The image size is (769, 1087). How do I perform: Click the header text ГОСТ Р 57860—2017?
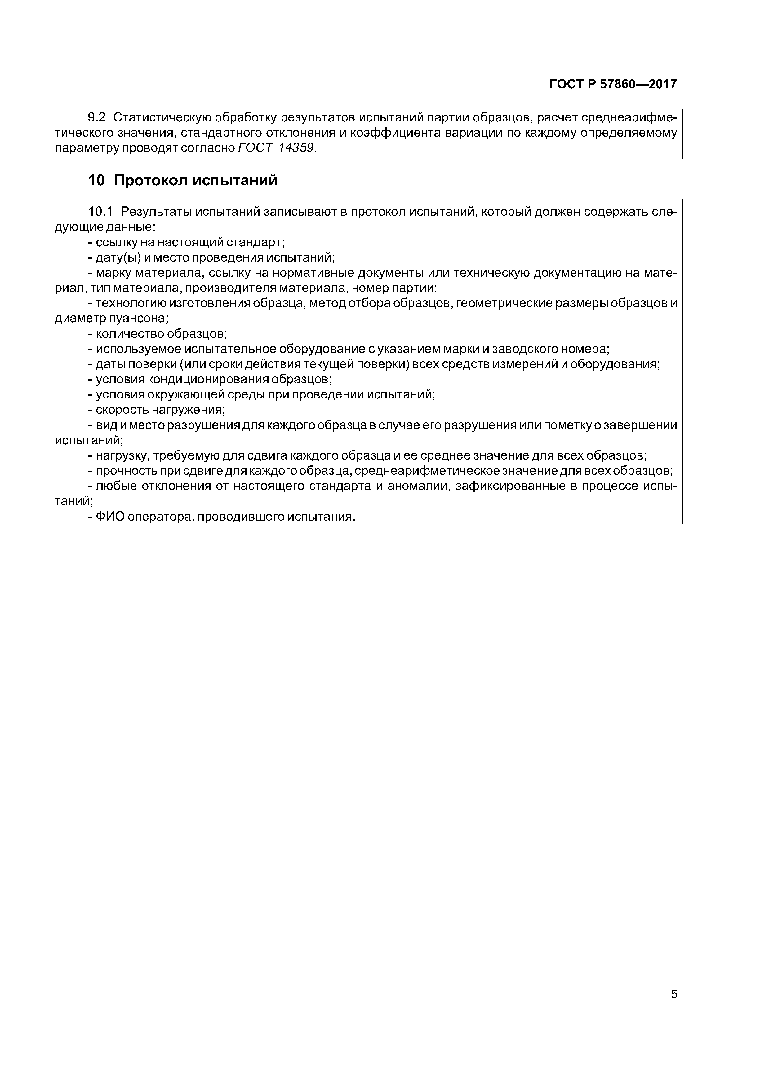click(613, 84)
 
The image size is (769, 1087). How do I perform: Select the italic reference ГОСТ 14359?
click(276, 148)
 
